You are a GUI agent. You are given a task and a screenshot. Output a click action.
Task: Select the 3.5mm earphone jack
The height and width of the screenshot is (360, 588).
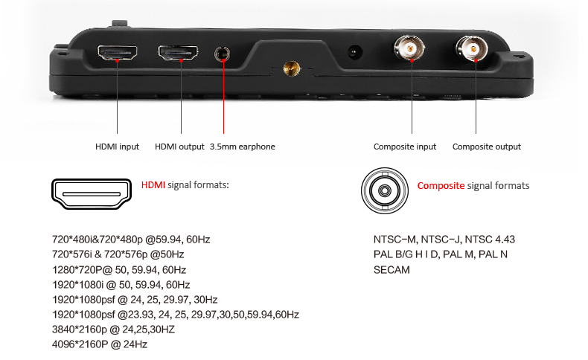(222, 54)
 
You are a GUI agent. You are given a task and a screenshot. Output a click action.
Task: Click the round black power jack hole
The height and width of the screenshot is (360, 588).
(355, 53)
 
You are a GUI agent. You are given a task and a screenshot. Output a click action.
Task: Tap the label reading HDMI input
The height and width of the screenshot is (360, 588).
(117, 147)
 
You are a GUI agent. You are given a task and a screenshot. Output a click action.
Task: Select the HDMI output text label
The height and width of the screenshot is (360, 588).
(179, 147)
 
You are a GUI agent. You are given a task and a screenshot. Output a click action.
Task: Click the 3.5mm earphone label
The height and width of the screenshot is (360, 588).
(243, 147)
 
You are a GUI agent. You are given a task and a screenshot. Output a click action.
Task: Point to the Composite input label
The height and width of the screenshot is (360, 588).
(405, 147)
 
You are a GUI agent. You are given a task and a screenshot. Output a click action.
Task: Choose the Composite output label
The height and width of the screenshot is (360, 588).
(487, 147)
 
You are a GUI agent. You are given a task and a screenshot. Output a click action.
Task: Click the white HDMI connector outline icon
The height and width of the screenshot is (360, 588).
(92, 194)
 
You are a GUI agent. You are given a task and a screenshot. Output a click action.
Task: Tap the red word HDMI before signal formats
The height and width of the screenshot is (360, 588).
(153, 184)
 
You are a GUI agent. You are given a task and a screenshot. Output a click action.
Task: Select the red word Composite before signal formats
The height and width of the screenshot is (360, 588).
(441, 186)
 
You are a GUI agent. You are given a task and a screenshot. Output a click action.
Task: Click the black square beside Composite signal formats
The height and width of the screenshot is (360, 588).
(385, 191)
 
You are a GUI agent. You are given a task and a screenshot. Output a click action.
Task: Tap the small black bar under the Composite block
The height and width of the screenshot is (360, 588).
(391, 269)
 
